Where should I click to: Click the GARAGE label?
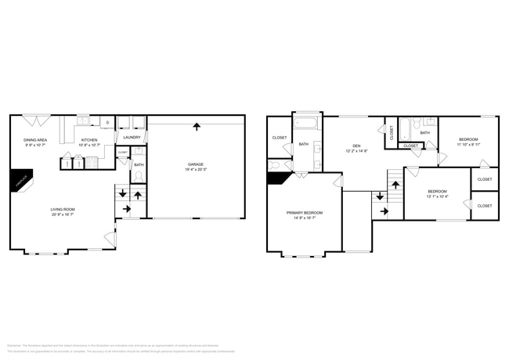pyautogui.click(x=196, y=164)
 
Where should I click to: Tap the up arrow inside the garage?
pyautogui.click(x=196, y=126)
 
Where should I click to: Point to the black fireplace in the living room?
pyautogui.click(x=20, y=180)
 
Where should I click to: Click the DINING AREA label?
pyautogui.click(x=35, y=139)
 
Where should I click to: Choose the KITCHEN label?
pyautogui.click(x=88, y=139)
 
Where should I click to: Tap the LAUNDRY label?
pyautogui.click(x=132, y=138)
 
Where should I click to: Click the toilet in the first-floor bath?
pyautogui.click(x=139, y=177)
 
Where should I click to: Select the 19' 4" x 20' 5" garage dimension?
pyautogui.click(x=196, y=169)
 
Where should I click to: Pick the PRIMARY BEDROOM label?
pyautogui.click(x=304, y=213)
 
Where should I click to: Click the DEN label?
pyautogui.click(x=356, y=146)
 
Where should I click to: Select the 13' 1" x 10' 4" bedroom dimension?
pyautogui.click(x=437, y=196)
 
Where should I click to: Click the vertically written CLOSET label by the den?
pyautogui.click(x=392, y=132)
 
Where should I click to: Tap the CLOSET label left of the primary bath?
pyautogui.click(x=279, y=138)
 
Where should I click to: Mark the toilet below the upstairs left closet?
pyautogui.click(x=275, y=165)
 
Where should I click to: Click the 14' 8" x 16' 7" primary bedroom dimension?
pyautogui.click(x=304, y=218)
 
